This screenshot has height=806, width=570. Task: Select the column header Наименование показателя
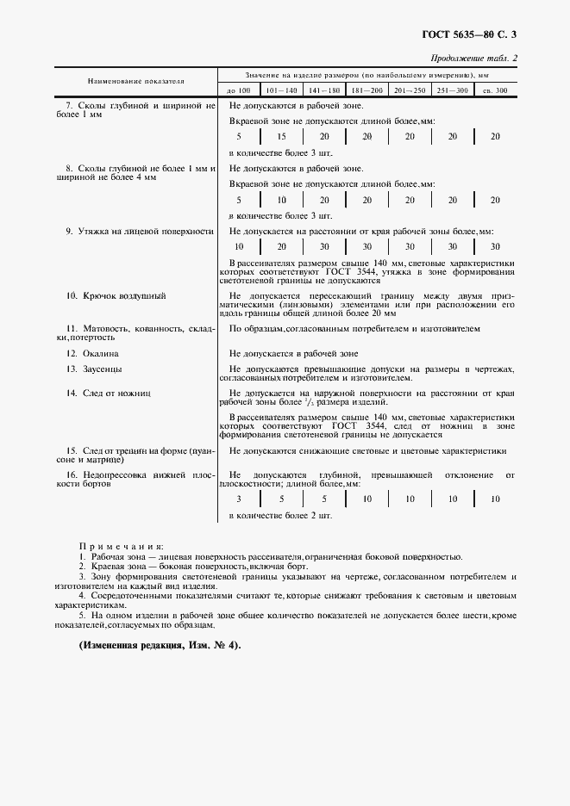click(135, 81)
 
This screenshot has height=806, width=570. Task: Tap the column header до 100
click(238, 90)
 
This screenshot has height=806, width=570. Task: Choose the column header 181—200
click(366, 90)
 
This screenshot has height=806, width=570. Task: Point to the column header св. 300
click(495, 90)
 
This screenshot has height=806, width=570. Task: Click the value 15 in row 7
click(281, 136)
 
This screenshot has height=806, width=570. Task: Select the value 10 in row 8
click(281, 200)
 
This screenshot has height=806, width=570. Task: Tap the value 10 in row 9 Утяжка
click(239, 246)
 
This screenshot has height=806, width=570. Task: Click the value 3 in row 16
click(239, 499)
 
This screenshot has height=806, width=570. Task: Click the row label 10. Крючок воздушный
click(116, 295)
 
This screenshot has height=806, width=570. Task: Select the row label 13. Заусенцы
click(95, 369)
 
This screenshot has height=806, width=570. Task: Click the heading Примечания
click(121, 547)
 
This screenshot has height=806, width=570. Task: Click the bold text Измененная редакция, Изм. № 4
click(160, 645)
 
